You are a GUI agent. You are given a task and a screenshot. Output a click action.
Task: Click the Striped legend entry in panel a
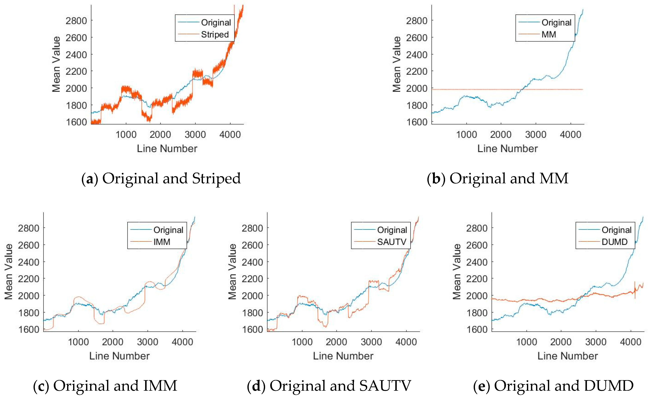click(215, 34)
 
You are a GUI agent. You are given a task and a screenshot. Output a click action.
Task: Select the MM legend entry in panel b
click(549, 34)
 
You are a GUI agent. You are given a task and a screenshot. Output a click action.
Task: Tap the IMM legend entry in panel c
click(162, 242)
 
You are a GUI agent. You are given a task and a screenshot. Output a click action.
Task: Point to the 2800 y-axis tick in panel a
click(76, 21)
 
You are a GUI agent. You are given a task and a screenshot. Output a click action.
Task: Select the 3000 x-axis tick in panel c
click(148, 342)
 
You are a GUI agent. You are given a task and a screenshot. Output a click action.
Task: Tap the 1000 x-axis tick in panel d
click(302, 342)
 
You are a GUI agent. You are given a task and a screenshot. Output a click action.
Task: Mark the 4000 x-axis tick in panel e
click(631, 342)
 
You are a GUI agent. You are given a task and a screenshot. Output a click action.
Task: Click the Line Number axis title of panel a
click(167, 149)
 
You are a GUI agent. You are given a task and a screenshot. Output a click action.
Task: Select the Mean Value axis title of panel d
click(232, 271)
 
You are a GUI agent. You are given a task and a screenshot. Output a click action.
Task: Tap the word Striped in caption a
click(216, 178)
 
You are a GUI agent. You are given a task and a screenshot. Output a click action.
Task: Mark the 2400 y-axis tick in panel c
click(28, 262)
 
